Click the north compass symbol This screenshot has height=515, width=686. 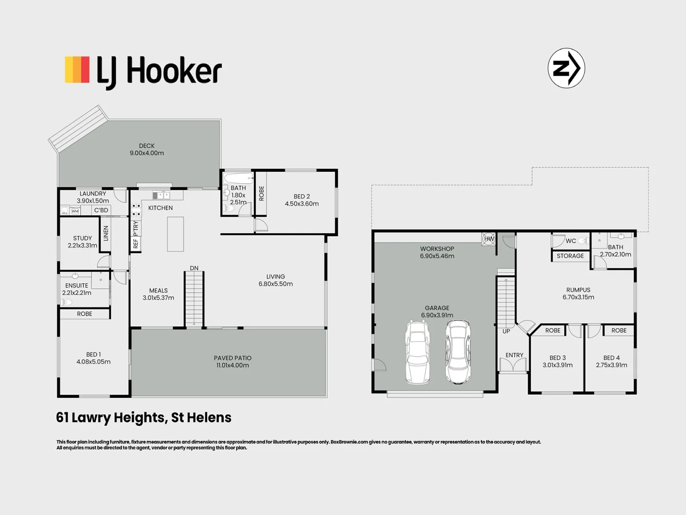tap(566, 68)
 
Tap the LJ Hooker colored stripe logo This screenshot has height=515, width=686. tap(77, 70)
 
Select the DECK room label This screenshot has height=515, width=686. tap(147, 146)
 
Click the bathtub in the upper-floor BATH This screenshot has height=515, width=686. tap(238, 178)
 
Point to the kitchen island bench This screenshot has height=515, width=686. tap(175, 234)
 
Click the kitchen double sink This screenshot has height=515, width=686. tap(161, 196)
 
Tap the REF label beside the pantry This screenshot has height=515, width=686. tap(136, 243)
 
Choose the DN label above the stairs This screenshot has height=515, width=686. tap(194, 268)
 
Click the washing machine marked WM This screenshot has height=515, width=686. tap(75, 211)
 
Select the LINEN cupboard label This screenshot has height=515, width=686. tap(106, 233)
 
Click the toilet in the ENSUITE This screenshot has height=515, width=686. tap(67, 302)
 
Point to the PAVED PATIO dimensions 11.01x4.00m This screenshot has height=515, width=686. tap(232, 365)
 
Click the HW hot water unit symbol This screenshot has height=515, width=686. tap(488, 239)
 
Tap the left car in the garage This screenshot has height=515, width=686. tap(417, 352)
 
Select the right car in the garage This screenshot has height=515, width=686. tap(458, 351)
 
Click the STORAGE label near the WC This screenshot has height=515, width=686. tap(570, 256)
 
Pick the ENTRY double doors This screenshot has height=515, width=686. tap(514, 365)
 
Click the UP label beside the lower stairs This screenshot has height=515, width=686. tap(506, 331)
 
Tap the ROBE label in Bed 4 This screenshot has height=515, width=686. tap(619, 330)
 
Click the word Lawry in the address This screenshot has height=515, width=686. tap(91, 418)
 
